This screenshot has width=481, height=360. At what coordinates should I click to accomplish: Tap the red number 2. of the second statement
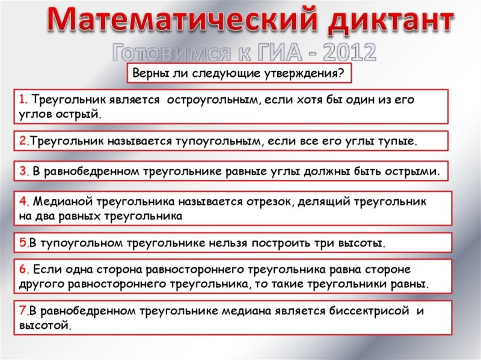click(23, 141)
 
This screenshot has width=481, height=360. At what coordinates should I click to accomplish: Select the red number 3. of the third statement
click(23, 171)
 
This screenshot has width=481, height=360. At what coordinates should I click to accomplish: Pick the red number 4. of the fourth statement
click(23, 201)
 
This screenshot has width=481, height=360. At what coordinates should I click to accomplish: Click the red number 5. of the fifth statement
click(23, 243)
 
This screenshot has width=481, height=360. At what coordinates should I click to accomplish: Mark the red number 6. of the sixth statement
click(23, 269)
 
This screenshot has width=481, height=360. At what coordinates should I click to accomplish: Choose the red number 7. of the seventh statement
click(23, 311)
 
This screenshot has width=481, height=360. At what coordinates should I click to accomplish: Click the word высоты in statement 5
click(363, 243)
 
